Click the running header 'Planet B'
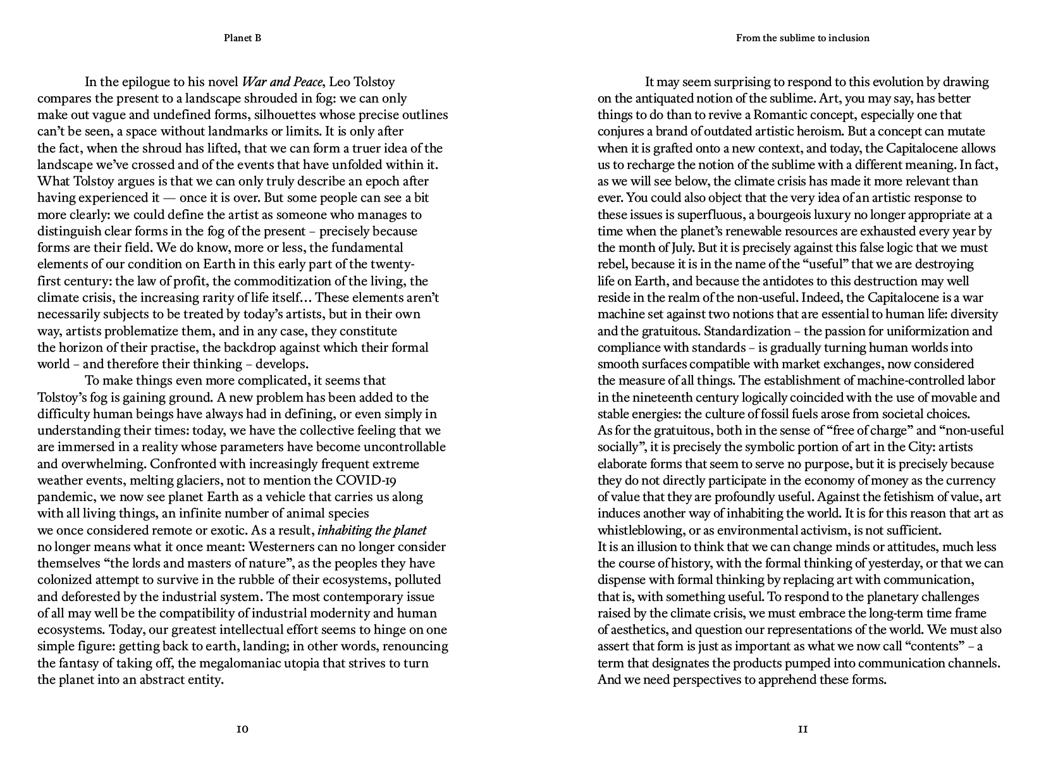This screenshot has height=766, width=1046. click(242, 38)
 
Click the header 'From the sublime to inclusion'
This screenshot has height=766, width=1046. click(803, 38)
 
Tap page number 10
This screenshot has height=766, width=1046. click(242, 729)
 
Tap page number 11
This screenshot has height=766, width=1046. click(803, 729)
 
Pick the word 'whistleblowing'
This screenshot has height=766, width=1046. click(639, 530)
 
